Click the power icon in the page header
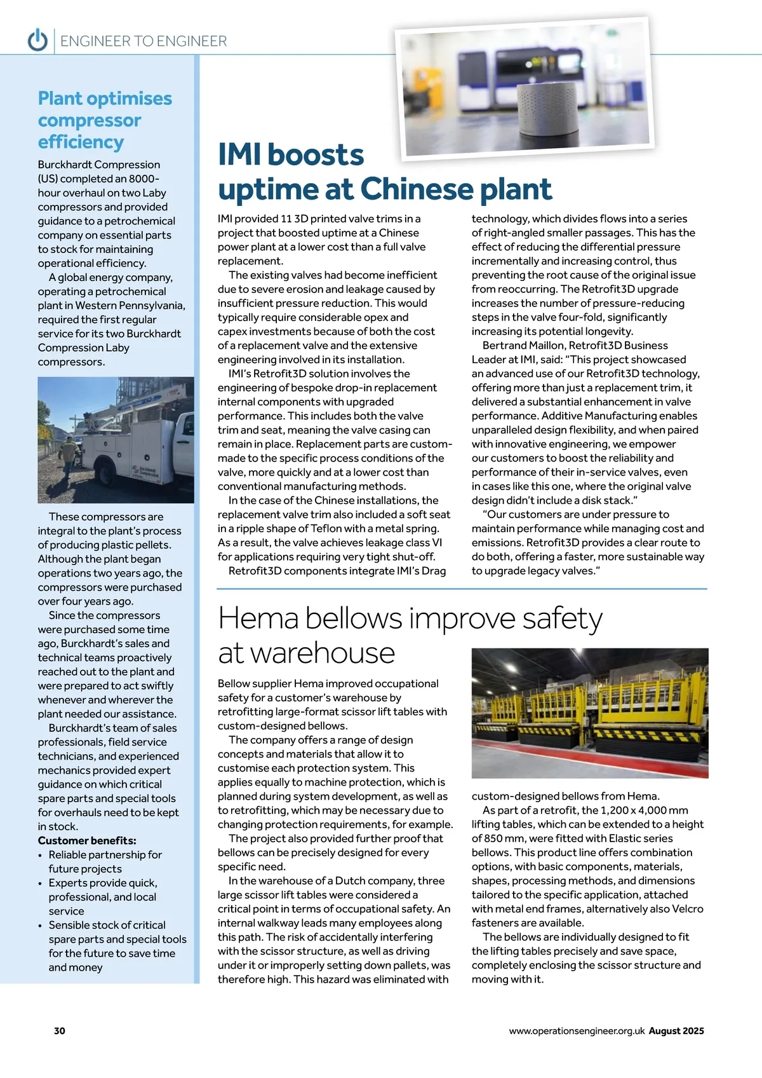pos(37,40)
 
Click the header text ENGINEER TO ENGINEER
pos(144,41)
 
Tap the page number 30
pos(60,1030)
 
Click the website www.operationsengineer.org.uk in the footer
pos(577,1031)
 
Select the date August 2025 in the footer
pos(676,1031)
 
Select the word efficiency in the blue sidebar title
pos(81,142)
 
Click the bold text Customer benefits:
pos(87,840)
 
